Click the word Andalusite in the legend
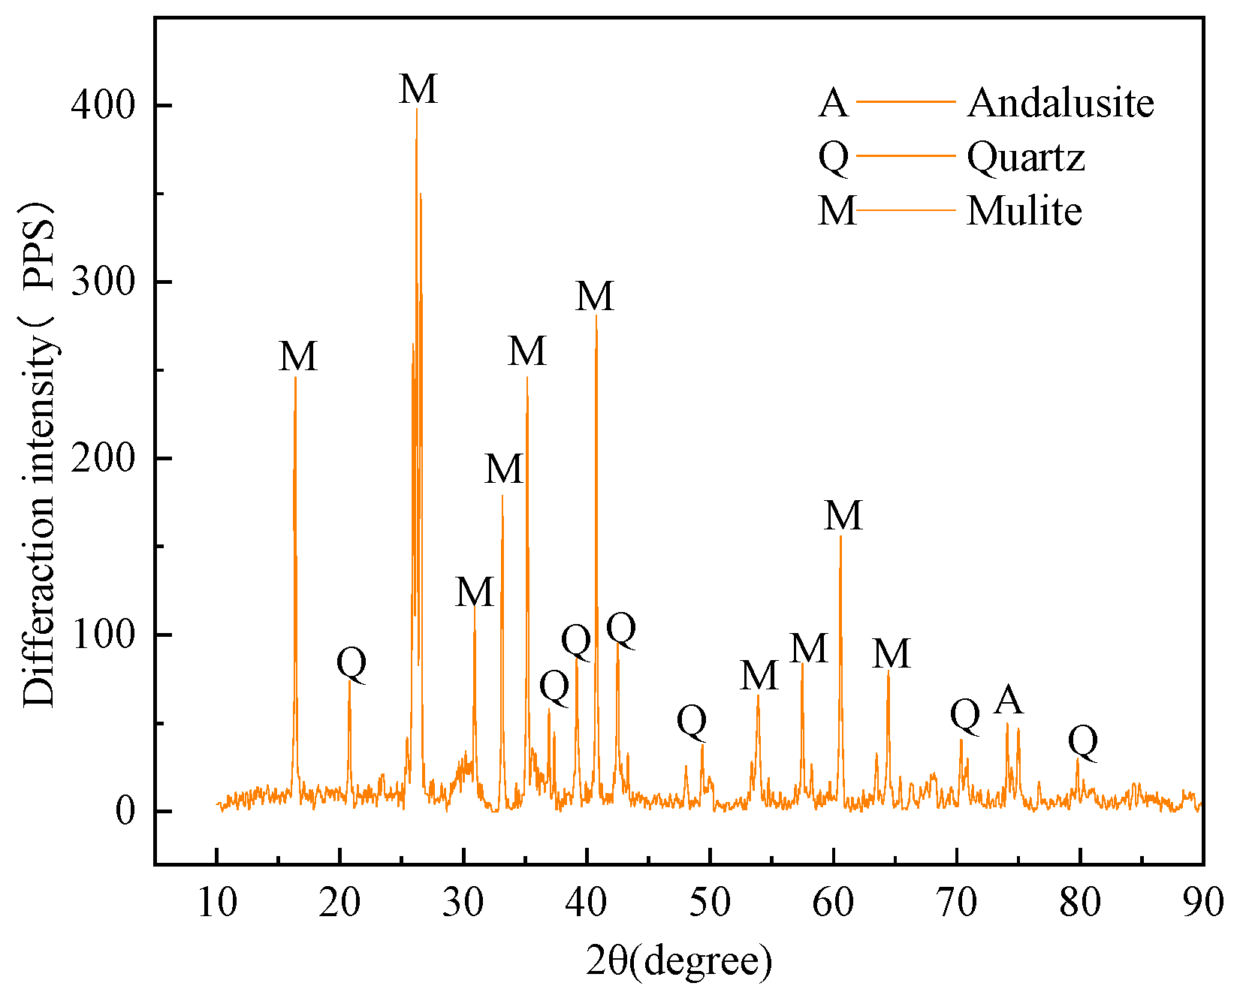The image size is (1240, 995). pos(1060,102)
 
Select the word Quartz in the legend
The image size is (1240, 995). pos(1025,157)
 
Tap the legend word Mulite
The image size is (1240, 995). pos(1024,211)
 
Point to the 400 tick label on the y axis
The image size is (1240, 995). pos(103,106)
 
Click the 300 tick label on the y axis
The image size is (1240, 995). pos(103,282)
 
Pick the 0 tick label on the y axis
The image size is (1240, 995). pos(125,812)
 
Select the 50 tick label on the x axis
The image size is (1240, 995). pos(710,902)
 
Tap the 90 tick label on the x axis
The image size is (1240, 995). pos(1202,902)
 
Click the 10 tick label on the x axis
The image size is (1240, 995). pos(217,902)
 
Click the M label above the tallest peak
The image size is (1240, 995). pos(418,89)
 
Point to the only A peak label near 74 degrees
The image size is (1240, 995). pos(1008,700)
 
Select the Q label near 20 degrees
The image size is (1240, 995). pos(351,662)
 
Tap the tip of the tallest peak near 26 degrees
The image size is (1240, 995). pos(416,109)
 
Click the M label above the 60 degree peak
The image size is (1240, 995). pos(843,516)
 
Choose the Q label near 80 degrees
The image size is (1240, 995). pos(1082,741)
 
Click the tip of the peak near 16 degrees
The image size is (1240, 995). pos(295,377)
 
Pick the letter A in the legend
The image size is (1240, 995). pos(833,103)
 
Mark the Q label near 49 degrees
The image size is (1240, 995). pos(692,721)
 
